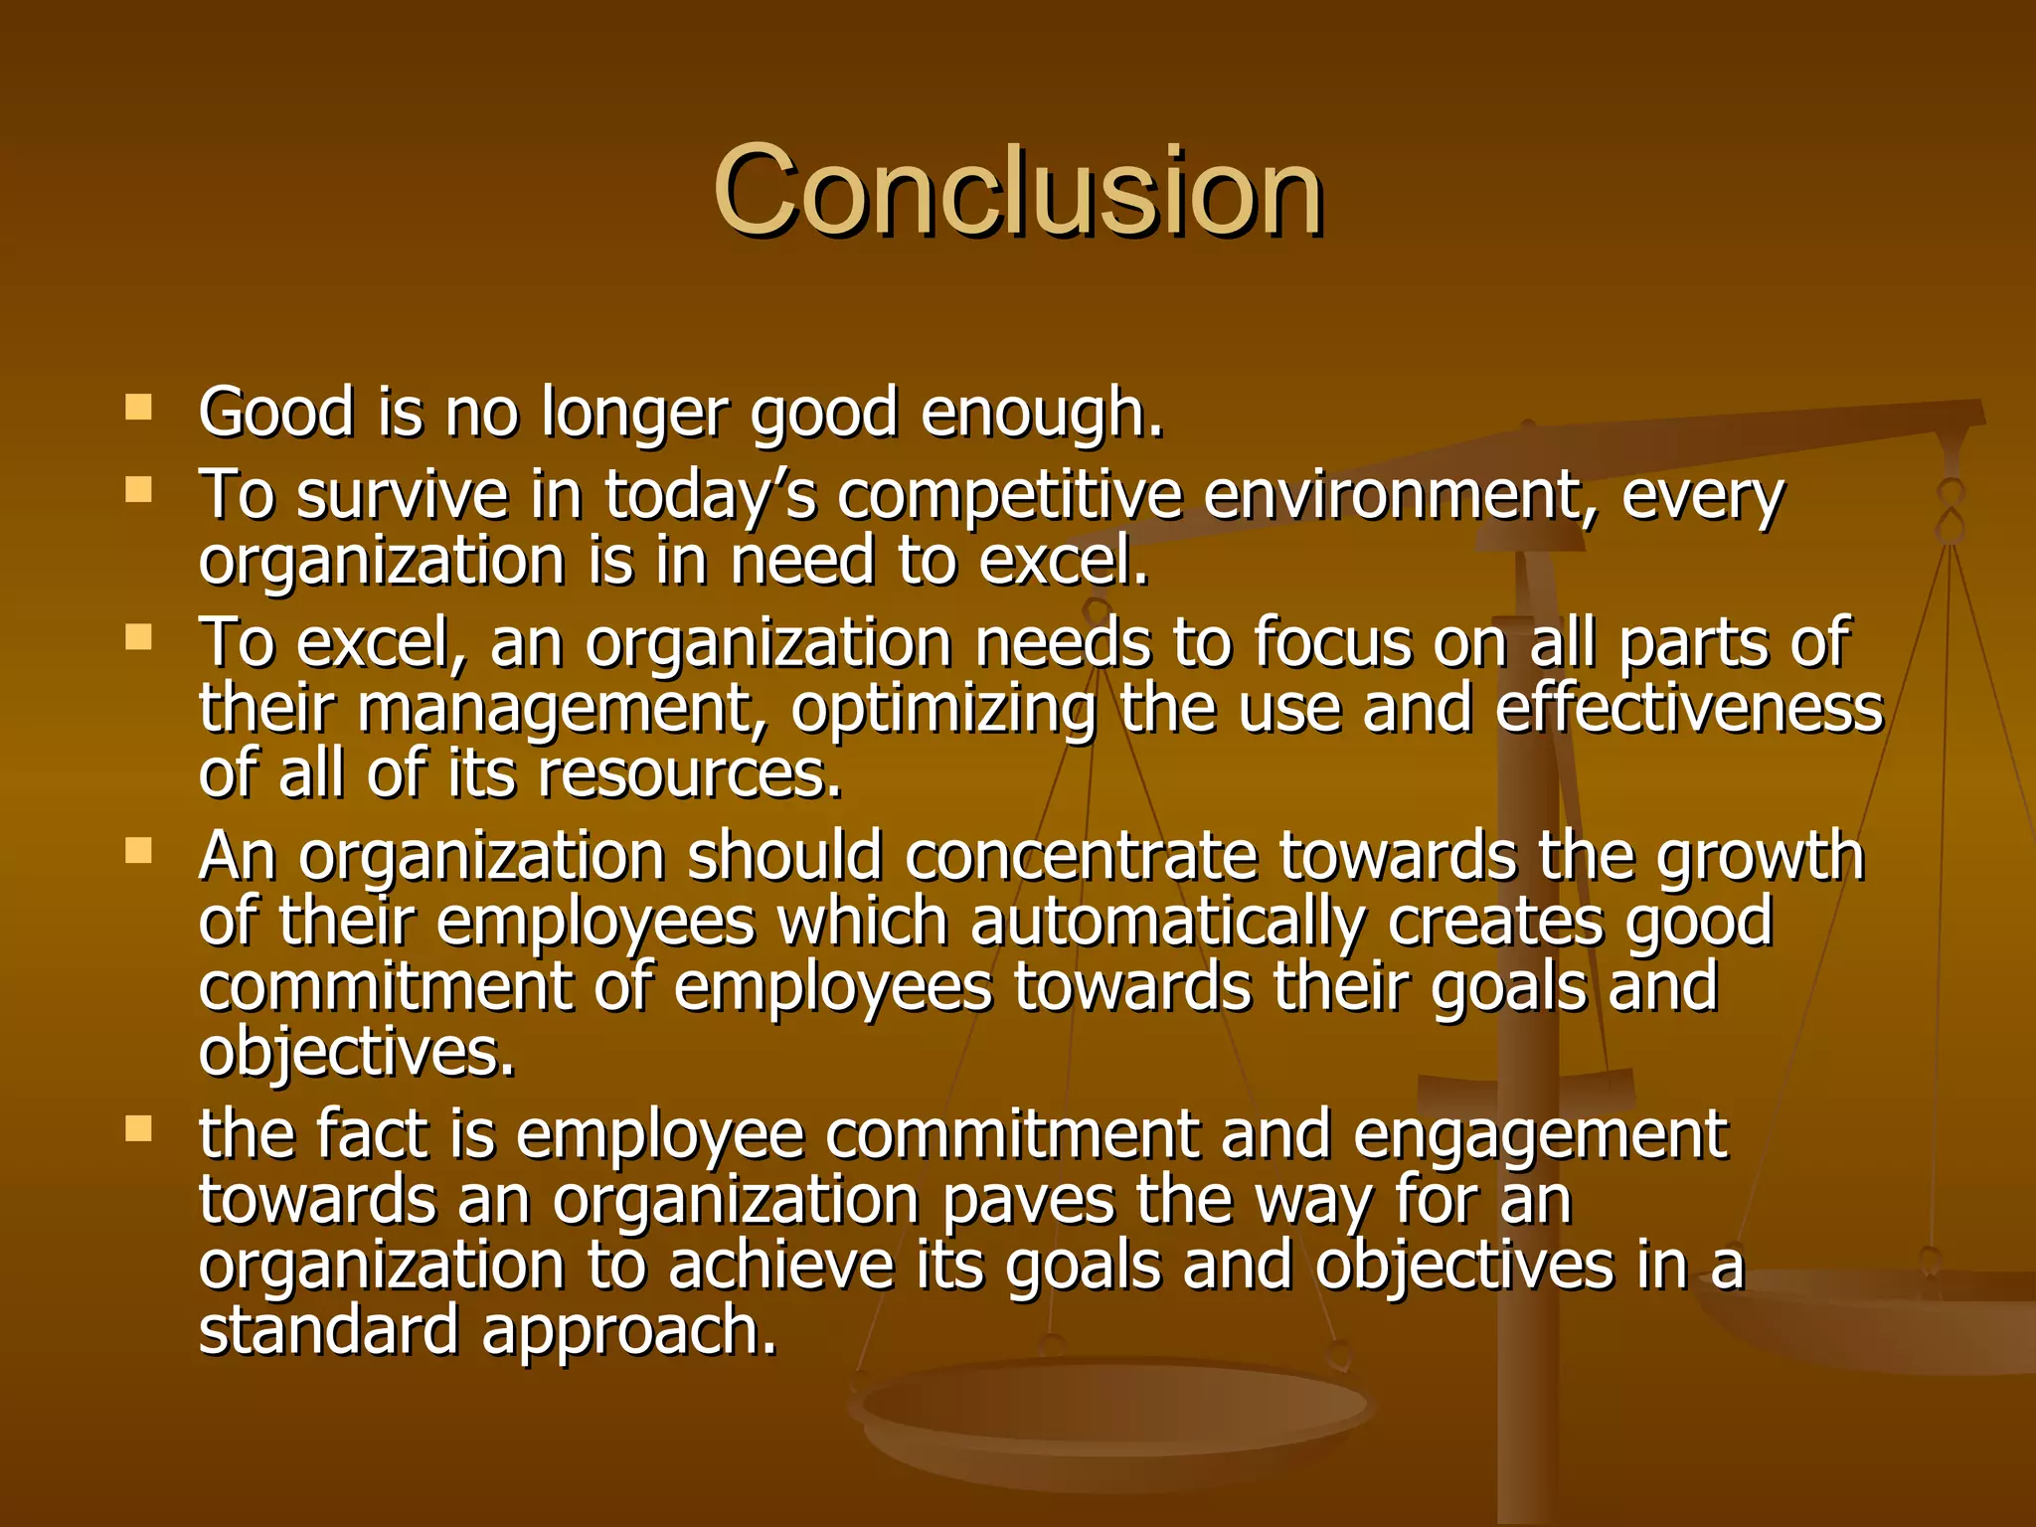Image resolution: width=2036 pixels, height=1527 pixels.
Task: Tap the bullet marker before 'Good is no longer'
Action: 139,408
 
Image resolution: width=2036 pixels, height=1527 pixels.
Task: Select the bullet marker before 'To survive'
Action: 139,489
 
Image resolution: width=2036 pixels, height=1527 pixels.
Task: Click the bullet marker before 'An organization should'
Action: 139,850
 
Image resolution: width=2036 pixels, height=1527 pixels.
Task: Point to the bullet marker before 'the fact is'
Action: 139,1128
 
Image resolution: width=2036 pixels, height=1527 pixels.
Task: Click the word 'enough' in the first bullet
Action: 1040,413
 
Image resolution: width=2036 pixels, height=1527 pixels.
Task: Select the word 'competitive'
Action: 1010,495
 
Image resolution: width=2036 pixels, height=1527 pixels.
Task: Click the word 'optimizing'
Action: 943,710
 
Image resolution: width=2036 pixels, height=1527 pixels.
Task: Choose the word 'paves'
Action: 1028,1200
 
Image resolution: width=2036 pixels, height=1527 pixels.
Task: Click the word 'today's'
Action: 710,495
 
